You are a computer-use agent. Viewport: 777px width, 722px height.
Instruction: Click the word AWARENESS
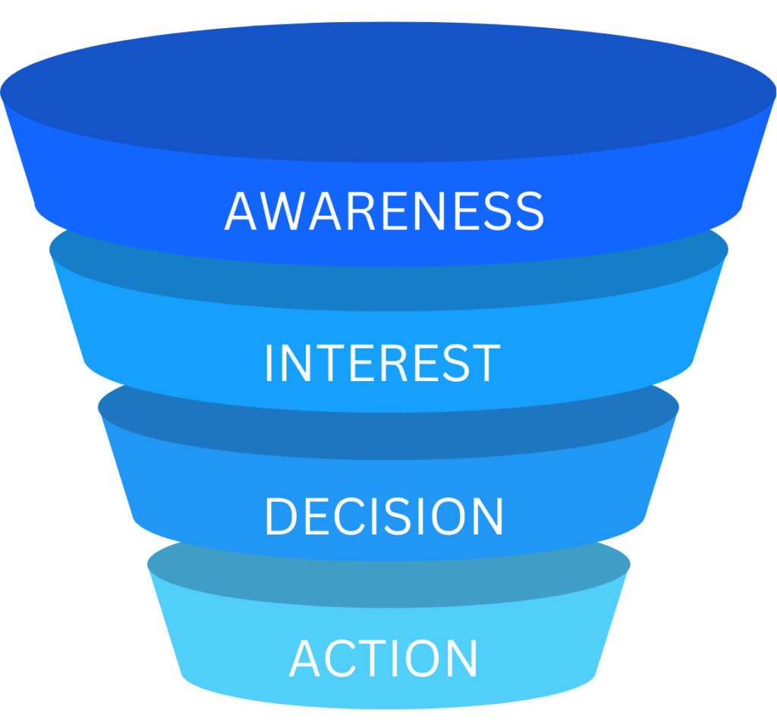(384, 211)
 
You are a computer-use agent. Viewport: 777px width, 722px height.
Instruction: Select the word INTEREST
(382, 364)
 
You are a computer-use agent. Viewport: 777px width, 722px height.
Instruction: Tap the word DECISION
(384, 517)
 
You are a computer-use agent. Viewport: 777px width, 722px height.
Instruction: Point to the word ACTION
(384, 658)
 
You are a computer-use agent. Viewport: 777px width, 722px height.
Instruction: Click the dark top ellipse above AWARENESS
(388, 91)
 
